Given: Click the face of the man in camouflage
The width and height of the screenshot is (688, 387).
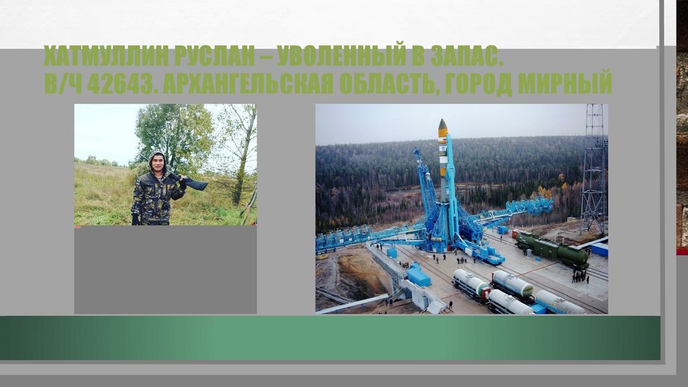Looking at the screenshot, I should pos(157,162).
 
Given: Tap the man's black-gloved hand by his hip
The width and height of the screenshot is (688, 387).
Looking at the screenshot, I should pos(135,219).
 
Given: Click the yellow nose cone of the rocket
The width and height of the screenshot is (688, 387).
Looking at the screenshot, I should pos(443,126).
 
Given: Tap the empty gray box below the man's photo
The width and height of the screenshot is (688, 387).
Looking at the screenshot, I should pos(165,269).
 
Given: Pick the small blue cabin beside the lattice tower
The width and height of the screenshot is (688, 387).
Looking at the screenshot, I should pos(598,249).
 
